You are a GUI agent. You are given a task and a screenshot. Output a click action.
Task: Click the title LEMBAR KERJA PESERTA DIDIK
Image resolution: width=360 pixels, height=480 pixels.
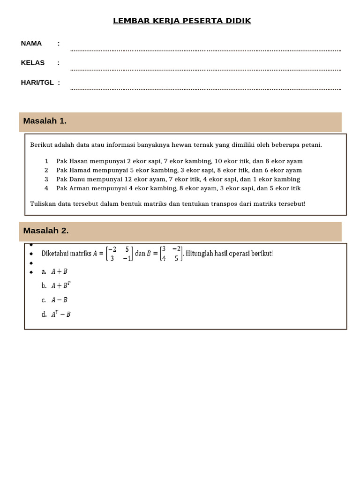pos(182,21)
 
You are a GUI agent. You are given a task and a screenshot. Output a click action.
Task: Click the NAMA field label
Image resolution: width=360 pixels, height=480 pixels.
pos(31,44)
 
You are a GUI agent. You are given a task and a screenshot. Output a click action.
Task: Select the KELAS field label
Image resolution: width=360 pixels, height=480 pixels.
pos(33,63)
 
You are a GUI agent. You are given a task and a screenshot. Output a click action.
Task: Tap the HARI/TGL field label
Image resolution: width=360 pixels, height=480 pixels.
pos(37,82)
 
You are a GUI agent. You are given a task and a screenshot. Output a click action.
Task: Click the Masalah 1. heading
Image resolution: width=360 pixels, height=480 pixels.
pos(45,121)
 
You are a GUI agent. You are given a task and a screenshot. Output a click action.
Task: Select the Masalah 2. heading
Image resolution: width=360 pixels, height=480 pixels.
pos(46,231)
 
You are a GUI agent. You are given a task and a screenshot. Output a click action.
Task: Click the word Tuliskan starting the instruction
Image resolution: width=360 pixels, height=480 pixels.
pos(43,204)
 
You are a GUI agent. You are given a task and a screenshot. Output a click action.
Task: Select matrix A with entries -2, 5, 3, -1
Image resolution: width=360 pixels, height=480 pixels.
pos(119,254)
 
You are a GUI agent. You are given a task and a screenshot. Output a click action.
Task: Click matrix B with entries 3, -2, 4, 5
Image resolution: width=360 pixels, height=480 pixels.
pos(171,254)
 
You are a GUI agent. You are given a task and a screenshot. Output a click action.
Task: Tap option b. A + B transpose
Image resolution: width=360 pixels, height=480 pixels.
pos(56,285)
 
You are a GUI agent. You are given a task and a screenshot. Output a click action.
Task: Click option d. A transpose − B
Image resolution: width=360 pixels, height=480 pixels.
pos(56,315)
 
